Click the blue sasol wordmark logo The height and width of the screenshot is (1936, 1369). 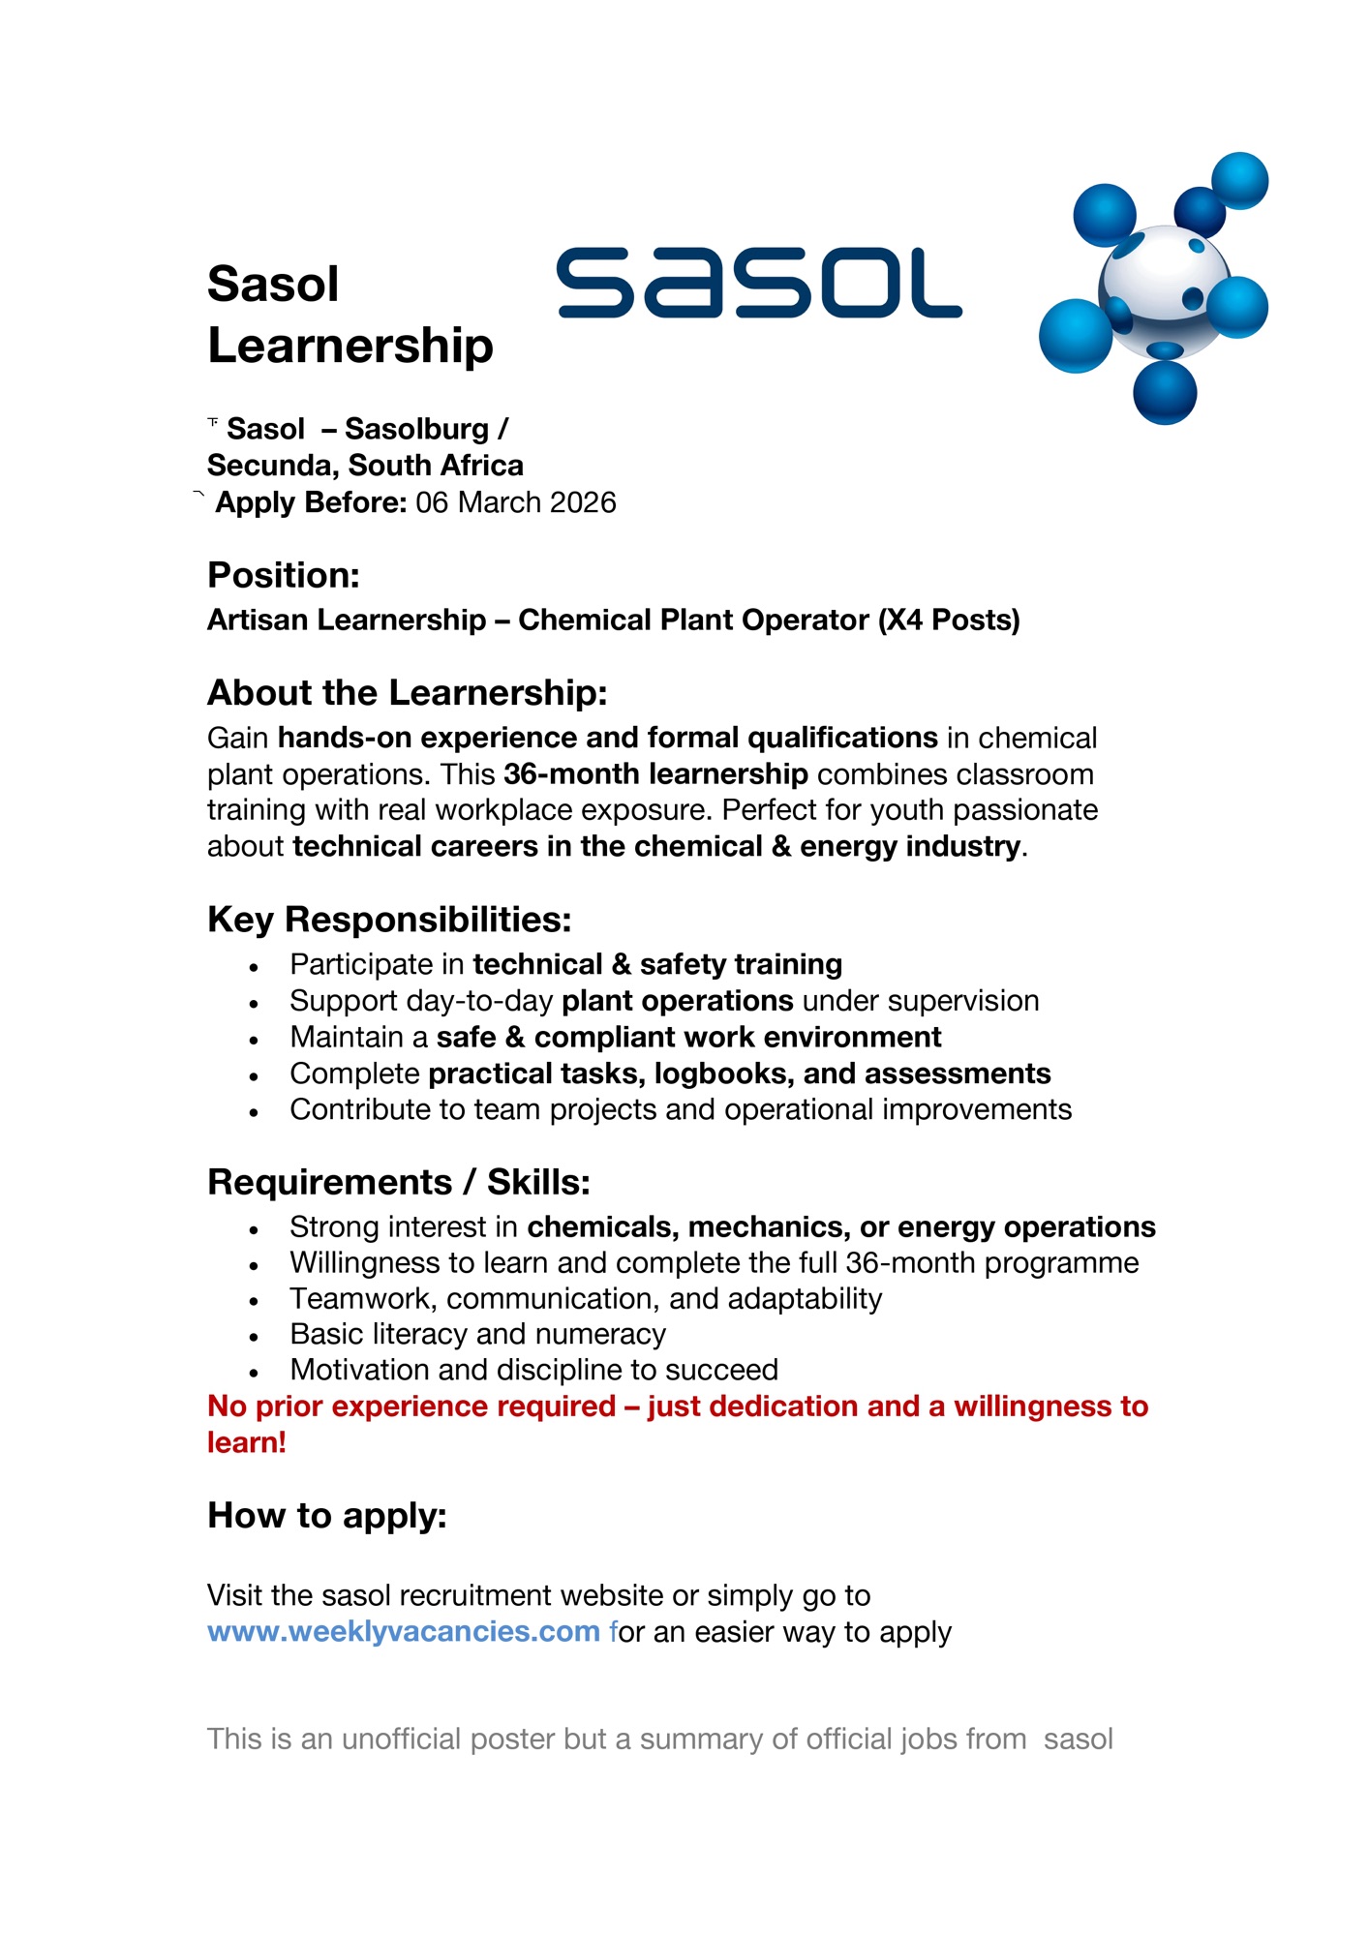pos(759,283)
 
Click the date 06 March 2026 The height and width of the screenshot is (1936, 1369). pos(515,503)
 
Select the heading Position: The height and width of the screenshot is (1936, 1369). pos(284,575)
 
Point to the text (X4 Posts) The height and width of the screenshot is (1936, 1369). pos(949,620)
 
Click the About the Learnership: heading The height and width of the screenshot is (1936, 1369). pos(407,693)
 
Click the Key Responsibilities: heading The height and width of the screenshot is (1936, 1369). pos(389,920)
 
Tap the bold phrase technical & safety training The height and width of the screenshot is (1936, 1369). pos(657,965)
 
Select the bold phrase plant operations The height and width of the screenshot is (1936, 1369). pos(678,1001)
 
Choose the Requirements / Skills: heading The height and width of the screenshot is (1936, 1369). pos(398,1183)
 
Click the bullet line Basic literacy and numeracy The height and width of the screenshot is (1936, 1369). pos(477,1335)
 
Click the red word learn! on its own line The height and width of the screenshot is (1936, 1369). pos(247,1443)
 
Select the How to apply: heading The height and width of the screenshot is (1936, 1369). pos(327,1516)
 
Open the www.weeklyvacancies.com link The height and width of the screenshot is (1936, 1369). pos(404,1632)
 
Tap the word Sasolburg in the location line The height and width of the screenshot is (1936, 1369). pos(416,429)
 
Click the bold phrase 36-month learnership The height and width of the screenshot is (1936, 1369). pos(655,774)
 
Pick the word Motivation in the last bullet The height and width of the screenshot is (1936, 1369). pos(359,1371)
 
